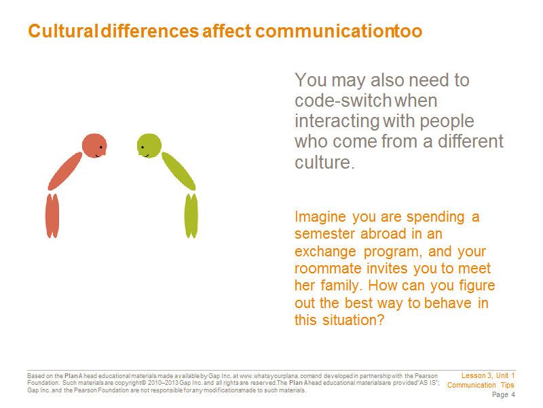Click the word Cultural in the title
(x=63, y=31)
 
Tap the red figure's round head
(x=94, y=146)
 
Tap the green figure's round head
(x=149, y=146)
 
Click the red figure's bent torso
(x=65, y=171)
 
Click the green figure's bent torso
(x=179, y=171)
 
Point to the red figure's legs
(x=52, y=216)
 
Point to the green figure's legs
(x=191, y=216)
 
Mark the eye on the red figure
(x=101, y=148)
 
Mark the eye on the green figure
(x=143, y=148)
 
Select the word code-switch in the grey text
(x=343, y=101)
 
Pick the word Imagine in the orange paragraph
(x=320, y=217)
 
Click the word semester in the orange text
(x=325, y=234)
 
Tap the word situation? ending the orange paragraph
(x=353, y=320)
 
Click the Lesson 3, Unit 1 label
(x=488, y=376)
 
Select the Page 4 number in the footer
(x=504, y=395)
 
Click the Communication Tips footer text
(x=481, y=385)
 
